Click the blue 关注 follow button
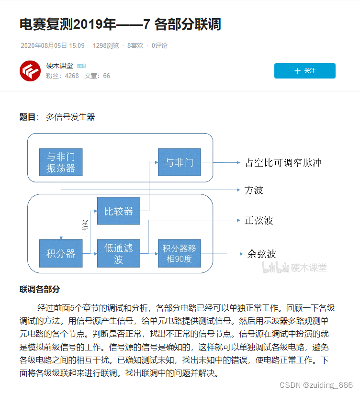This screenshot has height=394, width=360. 304,71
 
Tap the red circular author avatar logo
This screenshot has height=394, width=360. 30,71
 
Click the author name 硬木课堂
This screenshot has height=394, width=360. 59,66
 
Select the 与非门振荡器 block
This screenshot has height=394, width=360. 61,162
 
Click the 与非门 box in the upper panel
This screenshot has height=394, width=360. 179,162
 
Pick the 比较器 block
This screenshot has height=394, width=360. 119,211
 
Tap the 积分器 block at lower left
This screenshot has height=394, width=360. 61,253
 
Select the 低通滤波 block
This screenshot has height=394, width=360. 119,253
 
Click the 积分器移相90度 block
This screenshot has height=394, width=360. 179,253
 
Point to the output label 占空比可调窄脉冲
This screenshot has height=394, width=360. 283,163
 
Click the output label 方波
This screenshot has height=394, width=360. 254,190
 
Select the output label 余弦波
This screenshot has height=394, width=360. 261,254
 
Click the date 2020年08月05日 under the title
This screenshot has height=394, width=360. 52,45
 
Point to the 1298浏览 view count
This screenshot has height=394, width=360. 106,45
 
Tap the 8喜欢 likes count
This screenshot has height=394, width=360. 135,45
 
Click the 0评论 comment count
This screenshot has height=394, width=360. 159,45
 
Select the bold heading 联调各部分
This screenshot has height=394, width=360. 40,289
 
